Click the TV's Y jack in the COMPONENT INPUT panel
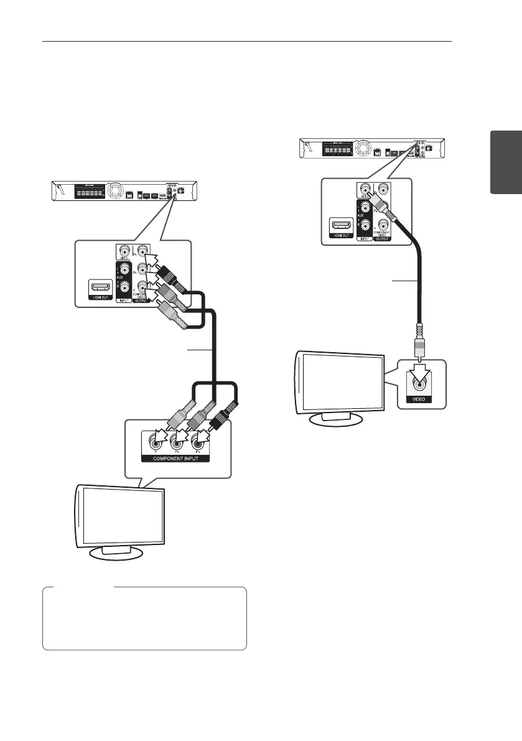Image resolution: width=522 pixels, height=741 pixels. (151, 442)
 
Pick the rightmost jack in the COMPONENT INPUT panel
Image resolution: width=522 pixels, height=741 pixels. (198, 442)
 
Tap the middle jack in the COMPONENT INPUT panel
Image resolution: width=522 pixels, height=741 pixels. (175, 442)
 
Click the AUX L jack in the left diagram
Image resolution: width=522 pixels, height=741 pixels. (125, 270)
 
